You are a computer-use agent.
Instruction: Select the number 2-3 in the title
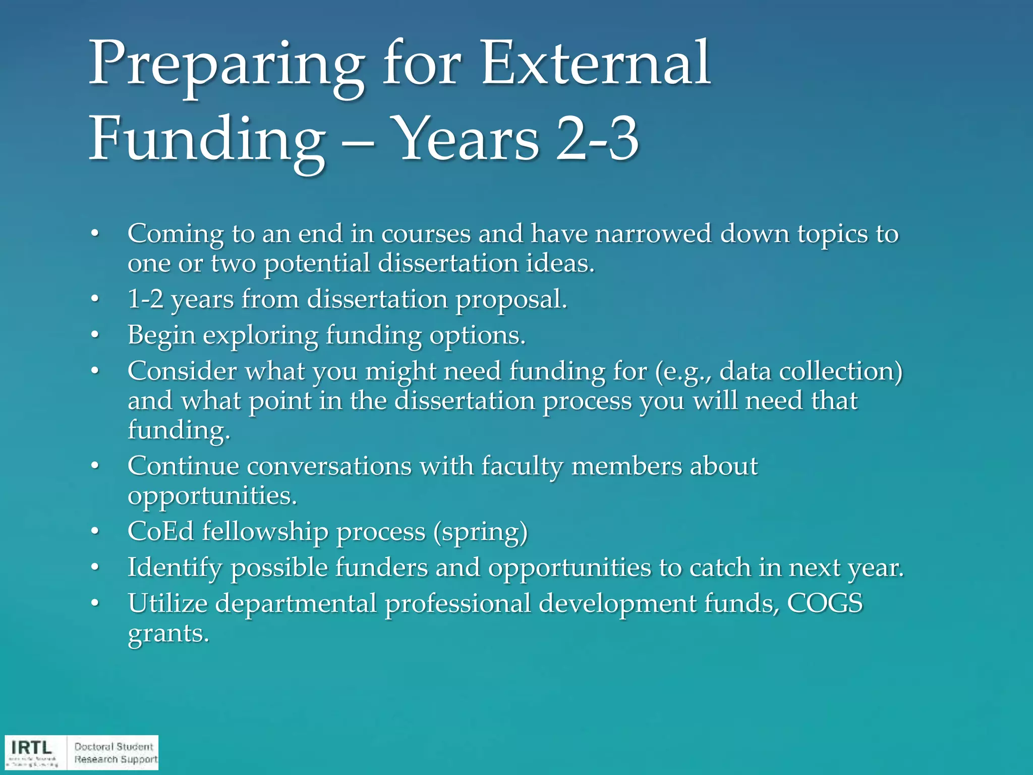click(598, 139)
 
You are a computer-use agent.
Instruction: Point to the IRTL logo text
click(31, 747)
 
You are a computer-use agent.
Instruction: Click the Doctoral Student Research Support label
click(115, 753)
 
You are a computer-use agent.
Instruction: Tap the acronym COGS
click(825, 603)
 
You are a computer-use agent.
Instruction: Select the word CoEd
click(160, 531)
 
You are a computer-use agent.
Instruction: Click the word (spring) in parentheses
click(480, 532)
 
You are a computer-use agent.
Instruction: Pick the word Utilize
click(167, 603)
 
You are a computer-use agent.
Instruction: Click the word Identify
click(175, 568)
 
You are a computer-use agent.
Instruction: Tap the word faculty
click(522, 466)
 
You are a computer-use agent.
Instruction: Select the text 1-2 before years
click(145, 299)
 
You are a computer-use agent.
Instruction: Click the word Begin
click(161, 336)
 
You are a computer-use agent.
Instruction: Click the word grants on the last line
click(167, 634)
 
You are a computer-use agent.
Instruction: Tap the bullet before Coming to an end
click(95, 234)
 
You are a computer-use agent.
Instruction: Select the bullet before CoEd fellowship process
click(95, 532)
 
